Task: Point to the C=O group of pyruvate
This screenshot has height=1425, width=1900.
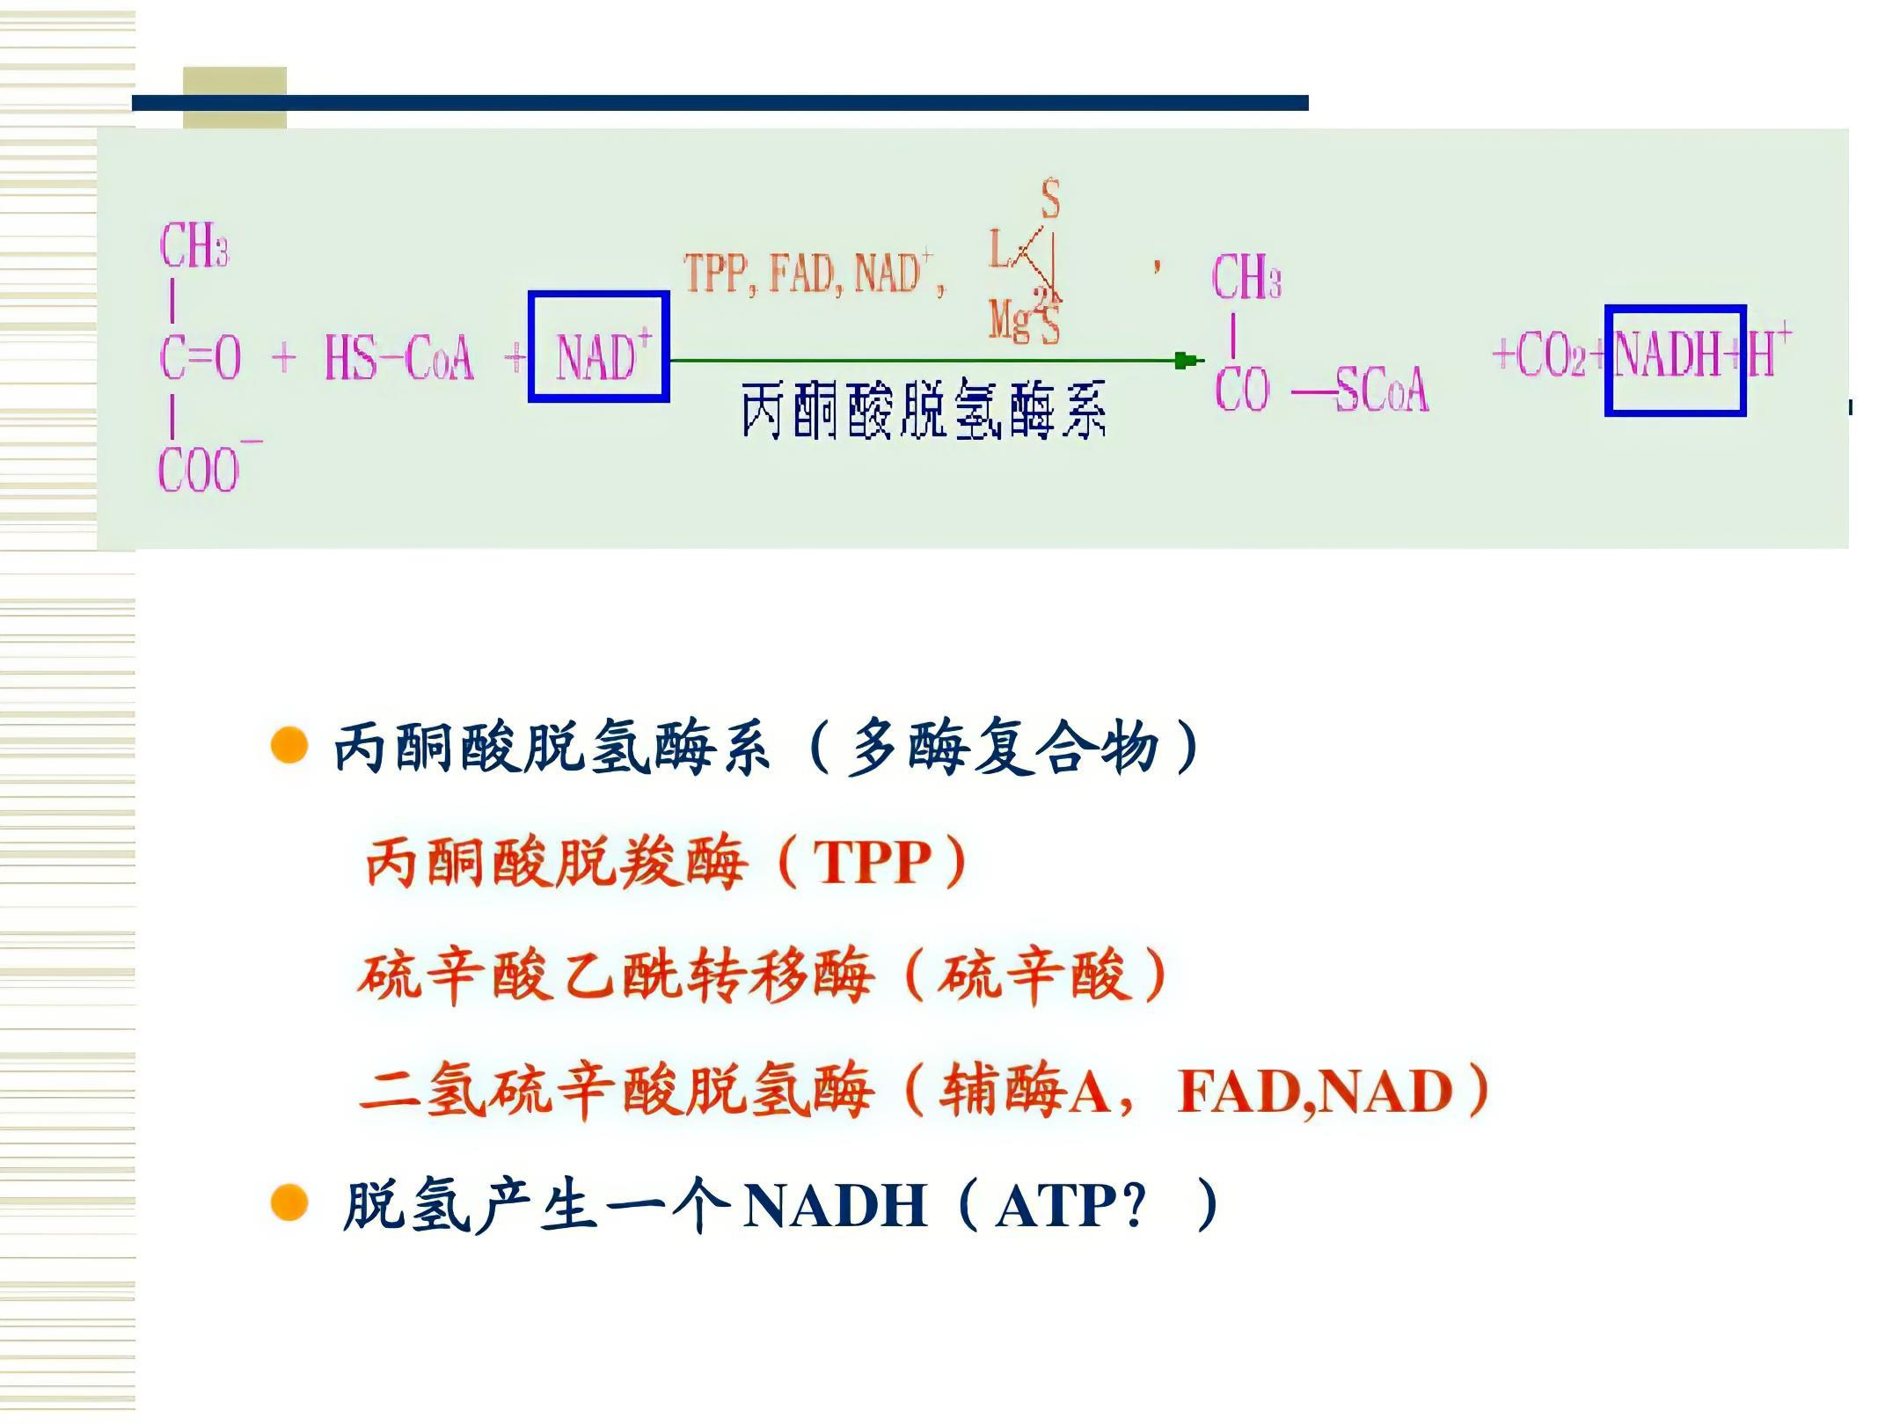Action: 201,358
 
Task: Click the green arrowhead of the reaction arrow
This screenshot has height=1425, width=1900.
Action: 1187,360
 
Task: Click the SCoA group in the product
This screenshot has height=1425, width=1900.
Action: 1382,389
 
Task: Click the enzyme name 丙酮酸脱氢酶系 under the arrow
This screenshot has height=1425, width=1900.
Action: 923,410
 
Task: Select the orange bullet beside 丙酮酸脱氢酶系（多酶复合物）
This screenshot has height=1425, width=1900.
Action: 289,747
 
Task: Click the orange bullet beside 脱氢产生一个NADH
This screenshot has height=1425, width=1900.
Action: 289,1203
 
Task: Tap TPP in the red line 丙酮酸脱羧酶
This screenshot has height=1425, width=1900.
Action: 872,862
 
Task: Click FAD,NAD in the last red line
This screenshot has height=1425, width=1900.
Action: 1314,1091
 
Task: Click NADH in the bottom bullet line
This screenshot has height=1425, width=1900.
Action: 835,1205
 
